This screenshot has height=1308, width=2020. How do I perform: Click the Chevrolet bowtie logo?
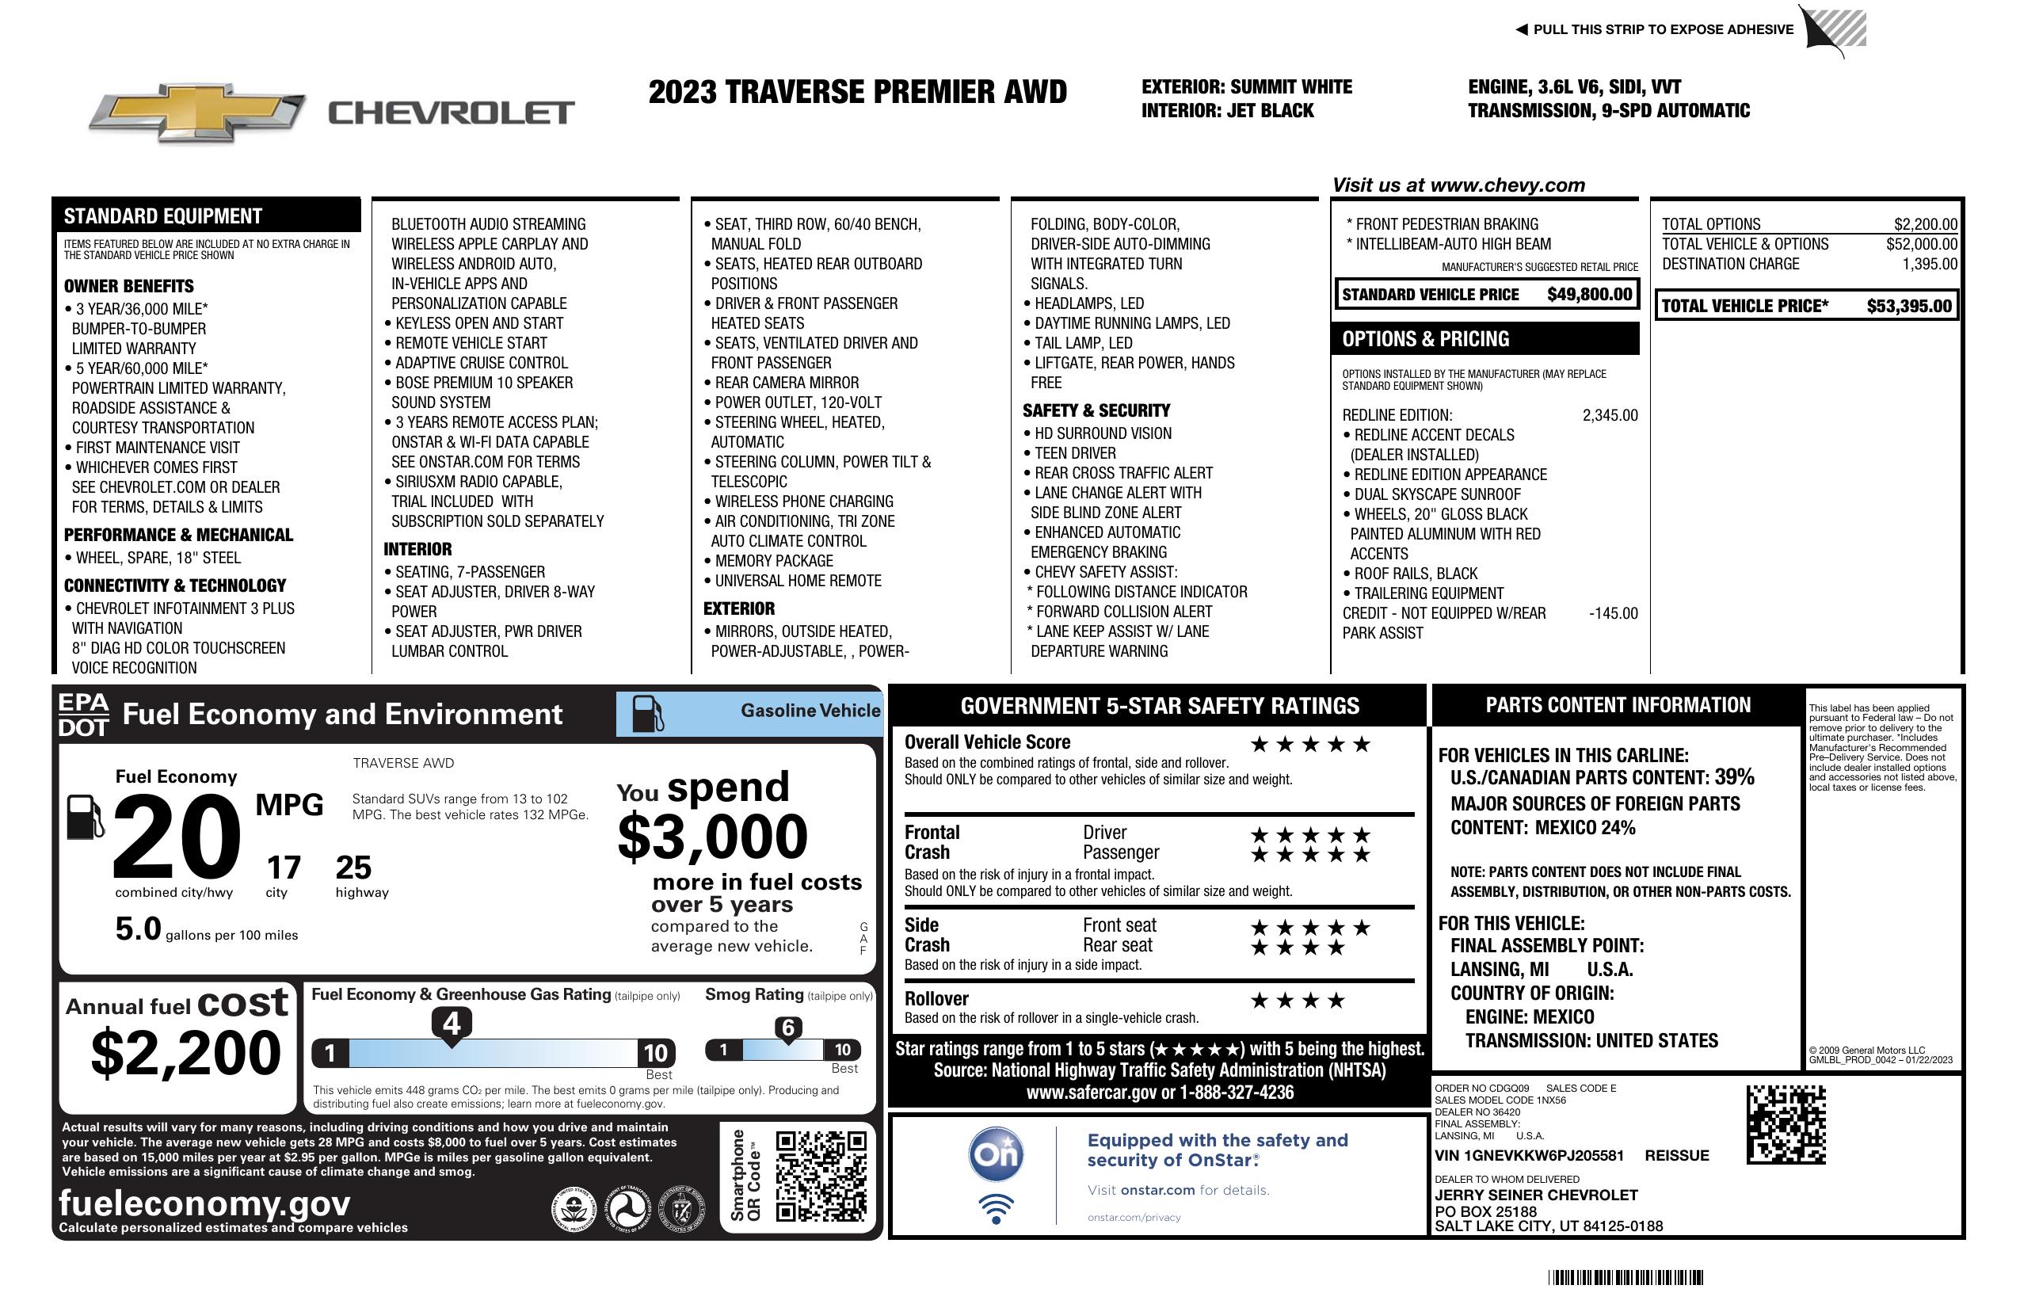coord(197,112)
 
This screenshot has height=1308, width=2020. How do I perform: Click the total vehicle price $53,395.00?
coord(1909,307)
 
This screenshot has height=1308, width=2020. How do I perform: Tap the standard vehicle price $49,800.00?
coord(1589,295)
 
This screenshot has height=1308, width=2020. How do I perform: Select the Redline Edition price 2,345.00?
coord(1609,415)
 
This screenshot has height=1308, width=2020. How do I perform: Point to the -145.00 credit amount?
coord(1613,613)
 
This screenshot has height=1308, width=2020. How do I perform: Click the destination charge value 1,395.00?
coord(1929,264)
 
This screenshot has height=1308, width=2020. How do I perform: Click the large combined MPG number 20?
coord(177,836)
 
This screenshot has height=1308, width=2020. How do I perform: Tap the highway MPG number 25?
coord(353,868)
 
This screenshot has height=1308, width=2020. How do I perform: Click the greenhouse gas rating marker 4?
coord(452,1024)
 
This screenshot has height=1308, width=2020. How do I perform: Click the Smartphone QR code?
coord(821,1176)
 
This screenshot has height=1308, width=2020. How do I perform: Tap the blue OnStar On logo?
coord(997,1155)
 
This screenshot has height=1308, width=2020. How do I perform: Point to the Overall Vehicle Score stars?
coord(1310,745)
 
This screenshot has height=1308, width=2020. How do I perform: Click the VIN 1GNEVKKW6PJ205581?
coord(1529,1155)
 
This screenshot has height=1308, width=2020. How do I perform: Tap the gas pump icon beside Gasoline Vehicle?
coord(648,714)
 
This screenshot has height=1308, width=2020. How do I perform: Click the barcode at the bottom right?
coord(1625,1277)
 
